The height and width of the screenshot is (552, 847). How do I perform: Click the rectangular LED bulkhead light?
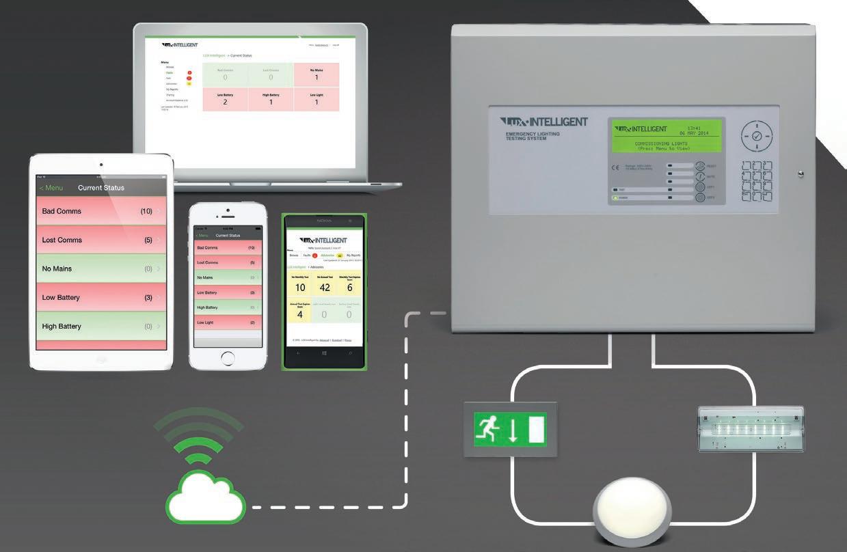tap(750, 428)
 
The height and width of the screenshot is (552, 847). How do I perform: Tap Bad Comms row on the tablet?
tap(100, 211)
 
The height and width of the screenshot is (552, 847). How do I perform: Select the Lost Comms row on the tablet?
tap(100, 240)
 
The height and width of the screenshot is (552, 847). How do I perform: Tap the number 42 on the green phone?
tap(324, 288)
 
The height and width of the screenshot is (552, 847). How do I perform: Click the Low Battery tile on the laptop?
tap(225, 99)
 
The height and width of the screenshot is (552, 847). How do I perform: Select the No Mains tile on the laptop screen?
tap(317, 74)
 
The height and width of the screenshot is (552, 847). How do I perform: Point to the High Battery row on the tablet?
tap(100, 326)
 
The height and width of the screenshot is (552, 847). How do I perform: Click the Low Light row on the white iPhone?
tap(228, 322)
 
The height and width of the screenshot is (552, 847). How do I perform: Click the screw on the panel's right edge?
tap(801, 174)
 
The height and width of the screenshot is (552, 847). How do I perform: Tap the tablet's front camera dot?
tap(101, 165)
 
